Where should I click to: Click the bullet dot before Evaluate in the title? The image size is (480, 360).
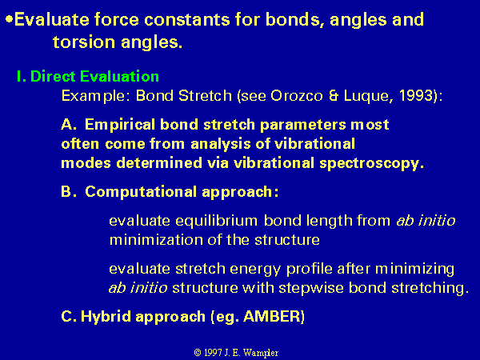10,19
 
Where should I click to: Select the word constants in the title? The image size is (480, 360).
186,19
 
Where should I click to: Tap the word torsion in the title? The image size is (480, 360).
84,42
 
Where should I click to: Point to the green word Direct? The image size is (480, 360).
53,76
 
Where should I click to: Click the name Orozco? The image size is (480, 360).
296,96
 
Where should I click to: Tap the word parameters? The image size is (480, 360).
302,126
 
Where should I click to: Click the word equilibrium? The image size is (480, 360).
217,221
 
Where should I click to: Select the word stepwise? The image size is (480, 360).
311,288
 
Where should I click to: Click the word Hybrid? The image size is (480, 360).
106,316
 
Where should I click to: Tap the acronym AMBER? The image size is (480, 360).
271,316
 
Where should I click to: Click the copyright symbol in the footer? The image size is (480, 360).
198,353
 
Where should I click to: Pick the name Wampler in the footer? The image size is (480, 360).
260,353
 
